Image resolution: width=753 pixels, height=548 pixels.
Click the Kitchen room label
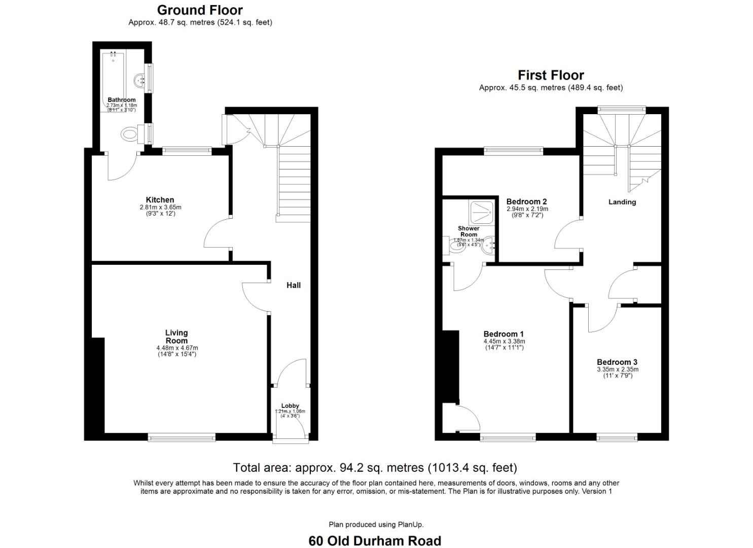tap(160, 200)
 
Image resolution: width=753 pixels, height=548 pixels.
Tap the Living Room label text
tap(176, 336)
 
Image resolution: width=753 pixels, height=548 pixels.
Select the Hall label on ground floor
tap(294, 285)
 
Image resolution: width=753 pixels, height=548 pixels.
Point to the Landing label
tap(622, 202)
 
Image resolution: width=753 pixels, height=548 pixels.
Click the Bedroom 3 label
tap(617, 362)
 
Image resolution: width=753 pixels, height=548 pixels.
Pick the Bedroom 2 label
tap(526, 201)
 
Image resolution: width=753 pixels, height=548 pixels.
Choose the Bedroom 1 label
tap(503, 334)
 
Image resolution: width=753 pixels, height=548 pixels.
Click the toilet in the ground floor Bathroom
tap(130, 134)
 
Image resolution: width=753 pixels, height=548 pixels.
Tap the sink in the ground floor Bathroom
tap(139, 80)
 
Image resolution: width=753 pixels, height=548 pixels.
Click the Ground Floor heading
tap(200, 10)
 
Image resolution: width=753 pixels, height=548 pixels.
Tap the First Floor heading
tap(551, 75)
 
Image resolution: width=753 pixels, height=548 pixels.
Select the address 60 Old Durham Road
tap(375, 541)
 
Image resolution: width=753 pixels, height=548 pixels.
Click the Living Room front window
tap(182, 436)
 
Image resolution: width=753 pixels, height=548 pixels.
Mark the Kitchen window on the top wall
tap(187, 150)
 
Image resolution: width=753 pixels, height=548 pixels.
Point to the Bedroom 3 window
tap(617, 436)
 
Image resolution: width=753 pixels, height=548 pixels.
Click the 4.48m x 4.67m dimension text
tap(177, 348)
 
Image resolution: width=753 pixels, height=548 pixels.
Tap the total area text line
tap(375, 467)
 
